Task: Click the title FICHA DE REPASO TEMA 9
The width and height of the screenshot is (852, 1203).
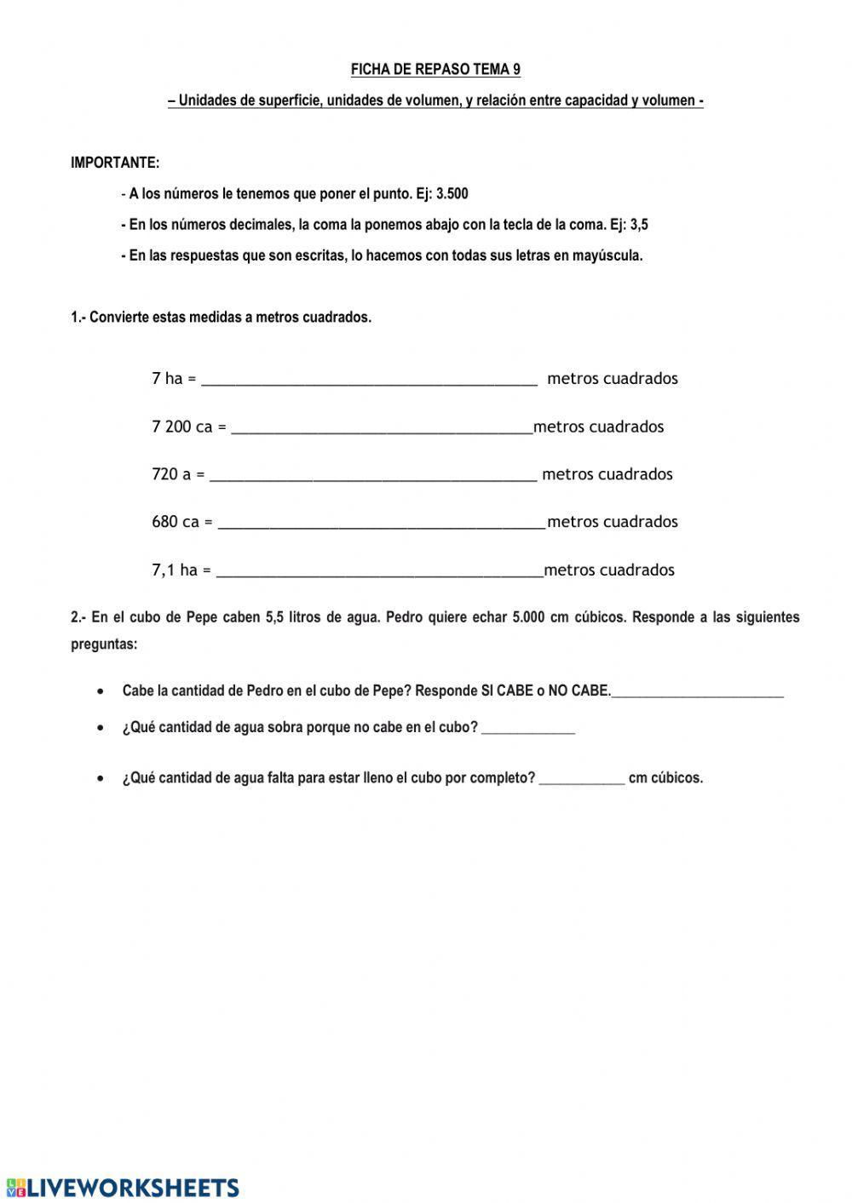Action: click(435, 70)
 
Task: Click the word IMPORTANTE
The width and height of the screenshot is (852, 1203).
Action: click(114, 163)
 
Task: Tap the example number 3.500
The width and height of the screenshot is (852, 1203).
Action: click(452, 194)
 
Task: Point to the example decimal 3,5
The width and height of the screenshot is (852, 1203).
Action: click(639, 225)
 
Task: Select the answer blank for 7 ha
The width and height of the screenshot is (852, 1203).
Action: click(369, 379)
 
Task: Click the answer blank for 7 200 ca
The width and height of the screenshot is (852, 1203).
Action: click(382, 427)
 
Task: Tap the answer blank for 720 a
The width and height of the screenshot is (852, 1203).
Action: click(373, 475)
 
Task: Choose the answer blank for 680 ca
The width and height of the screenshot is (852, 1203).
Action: click(381, 523)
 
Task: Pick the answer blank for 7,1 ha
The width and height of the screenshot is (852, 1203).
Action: click(379, 570)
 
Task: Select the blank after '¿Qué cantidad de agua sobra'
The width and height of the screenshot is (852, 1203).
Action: click(528, 729)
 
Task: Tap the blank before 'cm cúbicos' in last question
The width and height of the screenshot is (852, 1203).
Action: click(582, 778)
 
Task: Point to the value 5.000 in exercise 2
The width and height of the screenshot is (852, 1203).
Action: click(529, 617)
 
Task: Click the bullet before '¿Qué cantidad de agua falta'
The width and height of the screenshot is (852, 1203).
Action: click(102, 778)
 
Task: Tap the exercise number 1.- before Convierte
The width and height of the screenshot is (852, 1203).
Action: click(78, 318)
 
